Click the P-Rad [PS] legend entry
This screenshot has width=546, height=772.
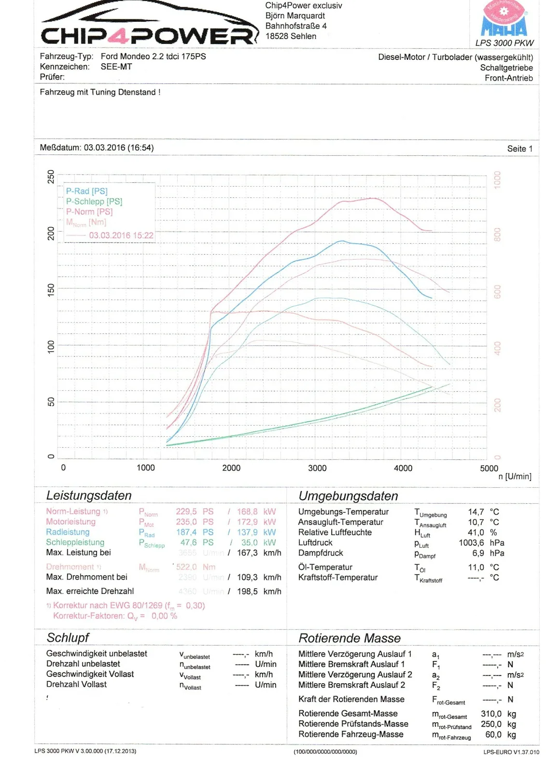pyautogui.click(x=87, y=191)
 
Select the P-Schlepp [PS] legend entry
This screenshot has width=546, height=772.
pyautogui.click(x=94, y=201)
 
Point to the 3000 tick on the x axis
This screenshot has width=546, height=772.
pyautogui.click(x=317, y=468)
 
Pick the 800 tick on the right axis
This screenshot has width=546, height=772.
pyautogui.click(x=497, y=235)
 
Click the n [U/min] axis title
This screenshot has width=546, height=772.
pyautogui.click(x=515, y=477)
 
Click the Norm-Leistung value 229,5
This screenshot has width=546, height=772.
pyautogui.click(x=186, y=511)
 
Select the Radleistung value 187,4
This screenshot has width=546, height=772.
pyautogui.click(x=186, y=532)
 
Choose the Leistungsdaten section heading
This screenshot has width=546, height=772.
pyautogui.click(x=89, y=496)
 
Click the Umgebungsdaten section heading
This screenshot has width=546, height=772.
pyautogui.click(x=348, y=496)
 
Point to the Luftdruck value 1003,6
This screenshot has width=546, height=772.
pyautogui.click(x=471, y=543)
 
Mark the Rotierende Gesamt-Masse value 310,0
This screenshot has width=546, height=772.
pyautogui.click(x=491, y=714)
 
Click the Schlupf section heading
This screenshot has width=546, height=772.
pyautogui.click(x=68, y=638)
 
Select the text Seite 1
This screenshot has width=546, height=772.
pyautogui.click(x=519, y=149)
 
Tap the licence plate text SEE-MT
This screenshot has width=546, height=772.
pyautogui.click(x=116, y=67)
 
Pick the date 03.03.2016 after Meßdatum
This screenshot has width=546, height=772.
pyautogui.click(x=104, y=148)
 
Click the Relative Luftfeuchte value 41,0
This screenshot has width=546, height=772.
pyautogui.click(x=476, y=532)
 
